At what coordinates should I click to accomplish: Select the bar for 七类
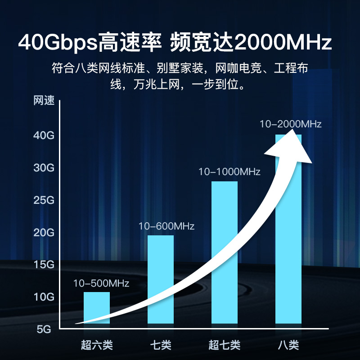pyautogui.click(x=161, y=270)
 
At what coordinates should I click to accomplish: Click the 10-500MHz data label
pyautogui.click(x=101, y=283)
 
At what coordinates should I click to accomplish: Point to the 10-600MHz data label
pyautogui.click(x=166, y=226)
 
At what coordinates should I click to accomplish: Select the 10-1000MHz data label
pyautogui.click(x=229, y=171)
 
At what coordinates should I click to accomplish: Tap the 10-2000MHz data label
pyautogui.click(x=291, y=124)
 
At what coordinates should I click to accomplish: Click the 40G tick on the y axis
pyautogui.click(x=44, y=136)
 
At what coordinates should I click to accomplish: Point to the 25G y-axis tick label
pyautogui.click(x=44, y=200)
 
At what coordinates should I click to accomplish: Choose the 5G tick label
pyautogui.click(x=44, y=329)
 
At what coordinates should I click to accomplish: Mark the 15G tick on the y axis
pyautogui.click(x=44, y=265)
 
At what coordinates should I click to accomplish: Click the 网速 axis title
pyautogui.click(x=44, y=101)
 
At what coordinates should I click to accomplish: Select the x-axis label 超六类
pyautogui.click(x=97, y=346)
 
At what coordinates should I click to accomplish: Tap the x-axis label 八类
pyautogui.click(x=288, y=346)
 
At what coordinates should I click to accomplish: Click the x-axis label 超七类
pyautogui.click(x=225, y=346)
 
